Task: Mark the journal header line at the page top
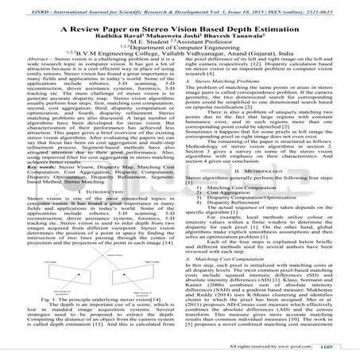(180, 5)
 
